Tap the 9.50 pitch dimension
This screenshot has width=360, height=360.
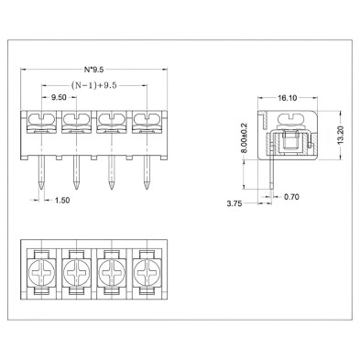(x=57, y=97)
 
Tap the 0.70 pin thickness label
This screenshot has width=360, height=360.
(x=291, y=197)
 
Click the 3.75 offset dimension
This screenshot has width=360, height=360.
(x=236, y=204)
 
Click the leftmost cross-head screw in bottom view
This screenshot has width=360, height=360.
(x=42, y=271)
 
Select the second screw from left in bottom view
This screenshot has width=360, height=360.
(x=77, y=271)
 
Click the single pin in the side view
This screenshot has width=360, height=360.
(x=273, y=174)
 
